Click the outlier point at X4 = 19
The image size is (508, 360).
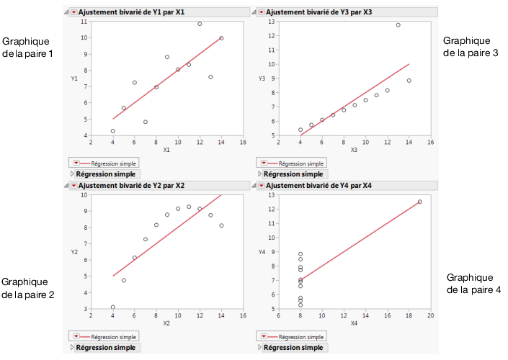click(x=419, y=202)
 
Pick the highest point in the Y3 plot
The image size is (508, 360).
click(x=398, y=25)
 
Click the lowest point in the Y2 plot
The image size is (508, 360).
click(x=112, y=307)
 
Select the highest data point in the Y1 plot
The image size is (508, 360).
click(x=200, y=24)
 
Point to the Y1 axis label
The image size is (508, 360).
click(x=74, y=78)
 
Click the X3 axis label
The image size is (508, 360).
click(x=354, y=150)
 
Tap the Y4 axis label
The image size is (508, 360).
click(x=263, y=252)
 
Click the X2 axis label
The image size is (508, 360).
click(x=166, y=323)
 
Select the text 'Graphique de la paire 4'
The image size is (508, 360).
click(x=470, y=284)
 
